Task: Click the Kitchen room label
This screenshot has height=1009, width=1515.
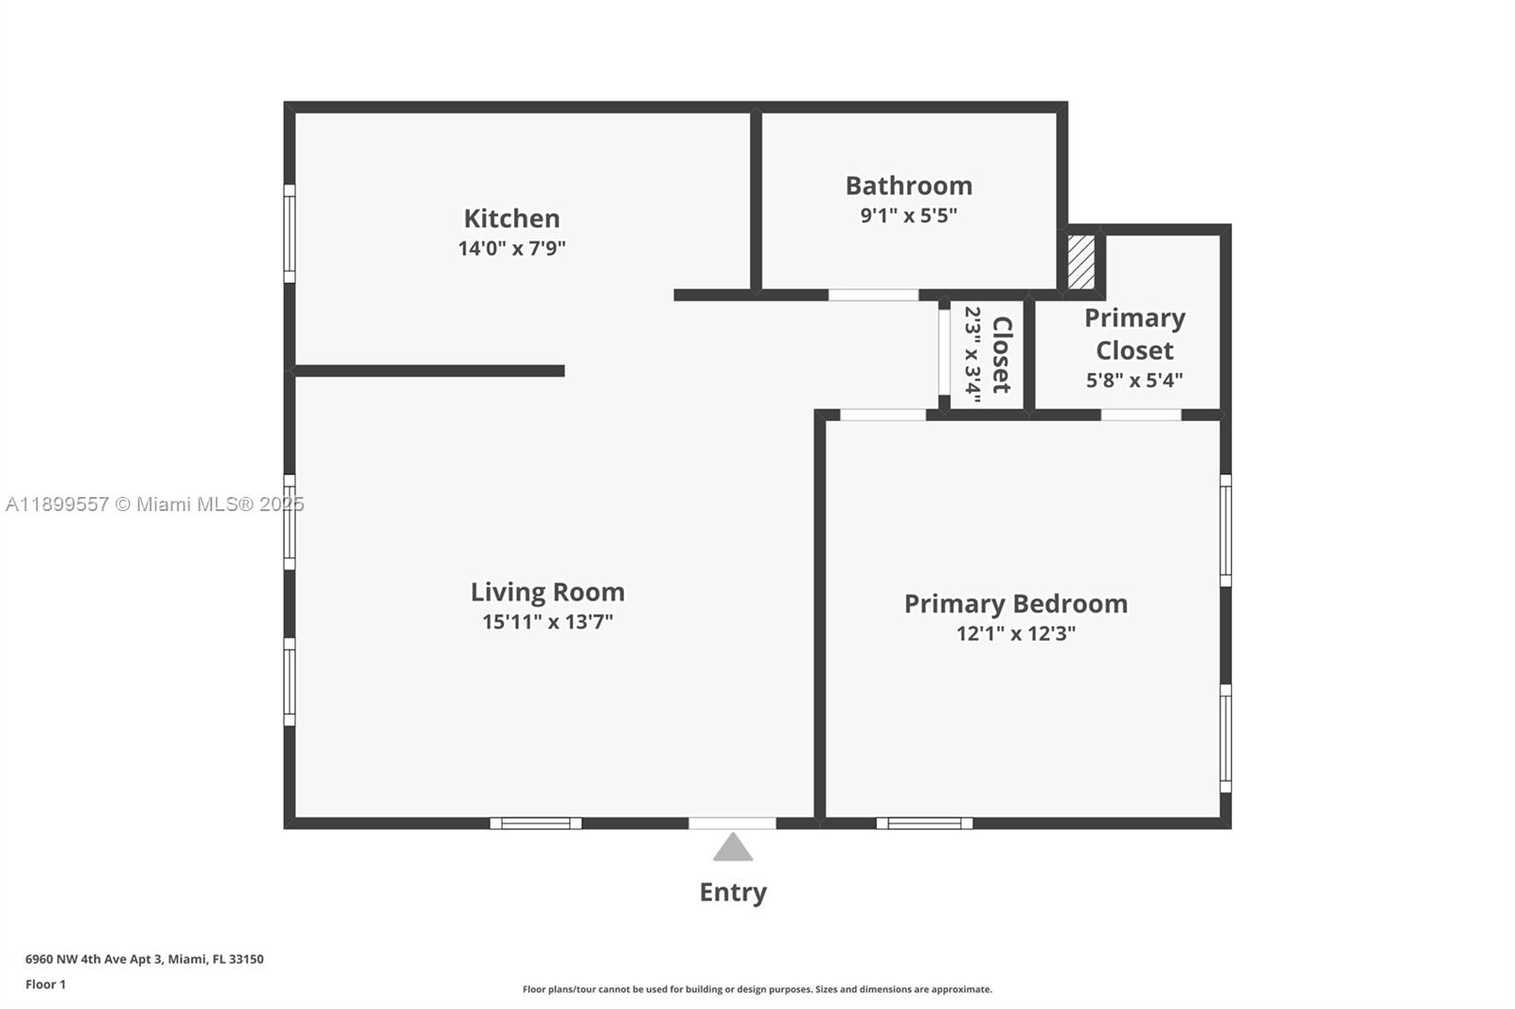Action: point(511,219)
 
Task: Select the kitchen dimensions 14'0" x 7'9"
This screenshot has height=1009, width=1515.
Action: point(511,249)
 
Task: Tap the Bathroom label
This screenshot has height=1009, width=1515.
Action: point(908,186)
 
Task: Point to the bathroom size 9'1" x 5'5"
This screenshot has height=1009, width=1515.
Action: point(908,216)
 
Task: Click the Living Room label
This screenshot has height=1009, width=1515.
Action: point(547,593)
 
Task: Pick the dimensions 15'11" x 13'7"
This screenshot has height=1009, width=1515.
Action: point(547,622)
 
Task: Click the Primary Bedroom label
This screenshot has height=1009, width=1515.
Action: point(1015,604)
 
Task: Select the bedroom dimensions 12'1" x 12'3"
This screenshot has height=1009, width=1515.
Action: point(1015,633)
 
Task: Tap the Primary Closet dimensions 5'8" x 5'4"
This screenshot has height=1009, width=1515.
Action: point(1133,381)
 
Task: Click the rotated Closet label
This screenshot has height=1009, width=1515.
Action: point(1002,355)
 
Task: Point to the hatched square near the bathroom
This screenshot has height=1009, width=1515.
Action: point(1080,262)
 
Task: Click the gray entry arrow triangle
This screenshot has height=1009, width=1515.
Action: point(732,847)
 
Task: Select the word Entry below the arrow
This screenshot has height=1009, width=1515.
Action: point(732,893)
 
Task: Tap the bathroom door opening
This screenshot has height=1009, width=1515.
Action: point(873,295)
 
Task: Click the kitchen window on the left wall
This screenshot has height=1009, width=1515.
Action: point(290,233)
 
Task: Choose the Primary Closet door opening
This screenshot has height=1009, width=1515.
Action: point(1140,415)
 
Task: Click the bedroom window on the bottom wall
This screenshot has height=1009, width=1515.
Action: point(924,823)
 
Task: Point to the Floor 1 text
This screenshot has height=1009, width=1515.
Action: point(45,984)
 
